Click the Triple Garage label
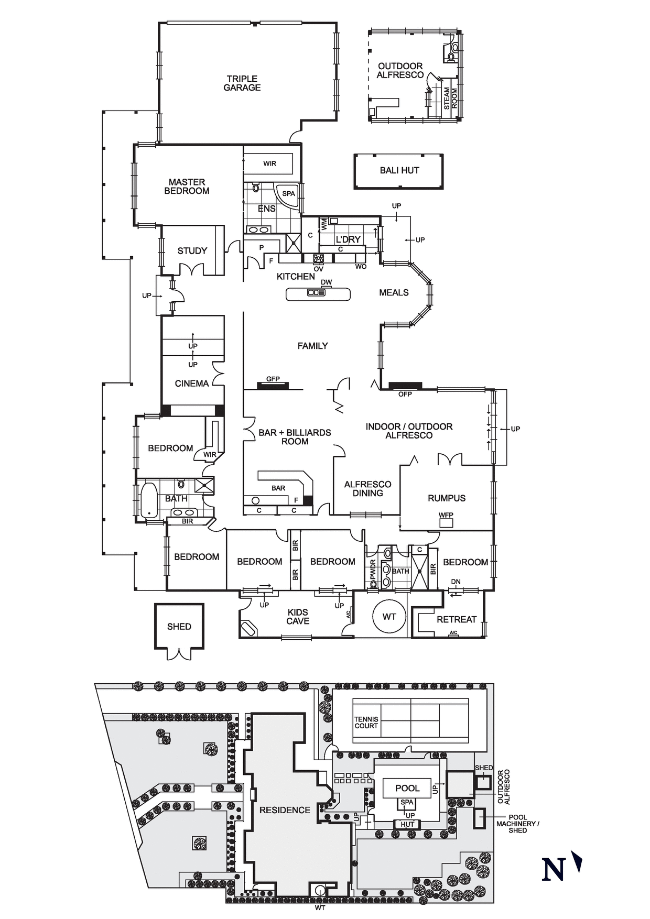tap(242, 83)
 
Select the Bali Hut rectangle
tap(399, 171)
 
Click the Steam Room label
tap(450, 99)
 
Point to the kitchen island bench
tap(318, 294)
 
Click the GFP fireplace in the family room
tap(273, 386)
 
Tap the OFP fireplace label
tap(405, 394)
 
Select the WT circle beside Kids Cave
tap(389, 617)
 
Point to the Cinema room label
tap(192, 384)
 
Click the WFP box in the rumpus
tap(446, 523)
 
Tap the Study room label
tap(192, 251)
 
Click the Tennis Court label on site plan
tap(366, 723)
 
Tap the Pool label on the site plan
tap(407, 788)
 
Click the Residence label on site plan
tap(285, 810)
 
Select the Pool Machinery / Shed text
tap(517, 824)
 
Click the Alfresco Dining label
tap(367, 488)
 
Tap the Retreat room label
tap(457, 619)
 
